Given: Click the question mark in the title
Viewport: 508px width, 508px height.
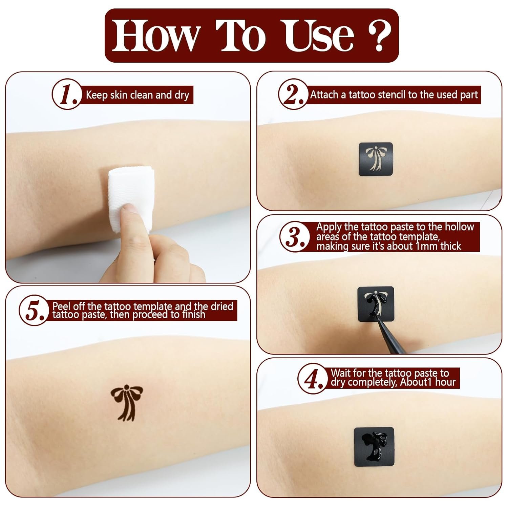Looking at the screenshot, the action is pyautogui.click(x=379, y=35).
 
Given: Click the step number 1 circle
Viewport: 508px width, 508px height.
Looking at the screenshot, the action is pyautogui.click(x=67, y=94).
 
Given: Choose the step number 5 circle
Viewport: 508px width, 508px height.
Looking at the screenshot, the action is pyautogui.click(x=34, y=311).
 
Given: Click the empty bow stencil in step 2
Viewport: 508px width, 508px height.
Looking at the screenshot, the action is pyautogui.click(x=376, y=159).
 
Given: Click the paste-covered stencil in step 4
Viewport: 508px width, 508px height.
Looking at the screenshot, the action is pyautogui.click(x=374, y=445).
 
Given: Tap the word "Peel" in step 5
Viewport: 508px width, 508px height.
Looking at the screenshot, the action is pyautogui.click(x=62, y=306).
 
